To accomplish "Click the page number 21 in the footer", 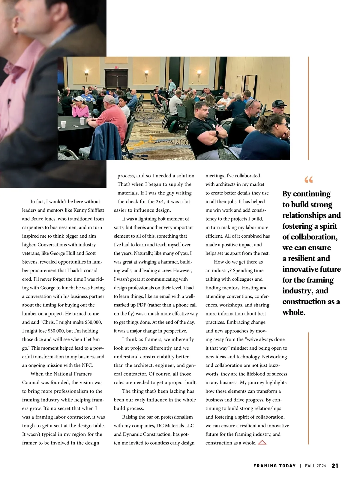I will [x=335, y=466].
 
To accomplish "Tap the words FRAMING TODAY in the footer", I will [x=274, y=466].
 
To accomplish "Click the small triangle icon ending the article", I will [x=262, y=442].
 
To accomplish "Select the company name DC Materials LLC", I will [x=175, y=426].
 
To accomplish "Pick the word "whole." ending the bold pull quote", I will [x=294, y=312].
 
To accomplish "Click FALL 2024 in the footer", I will [x=315, y=466].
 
